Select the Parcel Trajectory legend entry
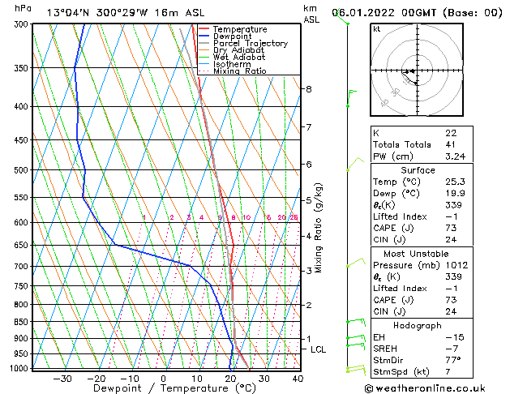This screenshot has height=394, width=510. (250, 44)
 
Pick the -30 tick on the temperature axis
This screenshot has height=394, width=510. (62, 378)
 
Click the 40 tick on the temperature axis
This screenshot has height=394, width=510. (298, 378)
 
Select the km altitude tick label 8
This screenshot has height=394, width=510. (309, 88)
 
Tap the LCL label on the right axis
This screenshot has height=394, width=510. (319, 349)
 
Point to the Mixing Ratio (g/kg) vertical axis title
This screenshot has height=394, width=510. (319, 228)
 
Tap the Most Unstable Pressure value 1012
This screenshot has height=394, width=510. (456, 265)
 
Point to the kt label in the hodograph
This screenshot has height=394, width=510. (376, 29)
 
